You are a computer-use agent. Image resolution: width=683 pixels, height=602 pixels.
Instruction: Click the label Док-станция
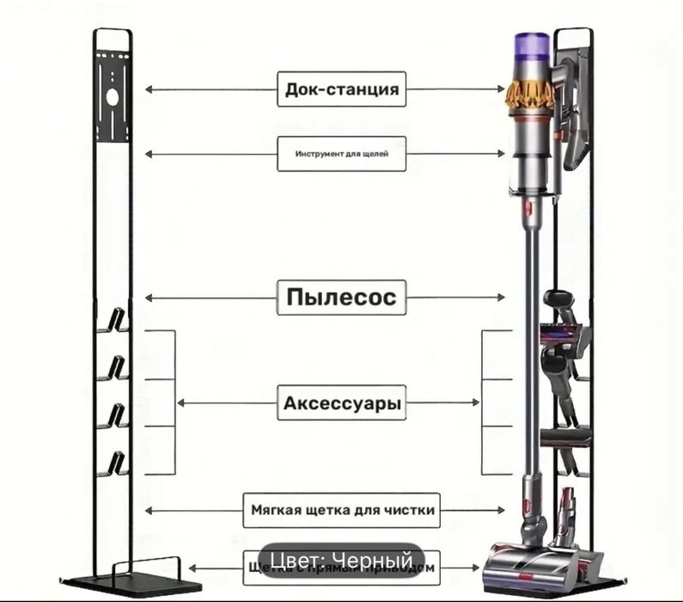click(x=341, y=89)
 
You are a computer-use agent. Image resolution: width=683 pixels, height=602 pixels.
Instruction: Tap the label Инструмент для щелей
click(x=341, y=154)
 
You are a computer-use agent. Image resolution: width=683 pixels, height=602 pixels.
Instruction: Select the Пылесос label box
click(x=341, y=298)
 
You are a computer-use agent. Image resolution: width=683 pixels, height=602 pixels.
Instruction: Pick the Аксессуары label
click(x=341, y=402)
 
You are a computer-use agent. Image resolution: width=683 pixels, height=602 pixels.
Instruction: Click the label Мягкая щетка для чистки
click(x=341, y=510)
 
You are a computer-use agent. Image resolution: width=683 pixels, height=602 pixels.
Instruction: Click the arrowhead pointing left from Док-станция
click(x=149, y=89)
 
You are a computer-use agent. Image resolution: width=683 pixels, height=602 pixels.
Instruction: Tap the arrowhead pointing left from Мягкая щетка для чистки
click(x=149, y=510)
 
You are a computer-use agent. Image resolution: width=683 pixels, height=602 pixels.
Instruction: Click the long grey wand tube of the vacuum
click(x=530, y=344)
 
